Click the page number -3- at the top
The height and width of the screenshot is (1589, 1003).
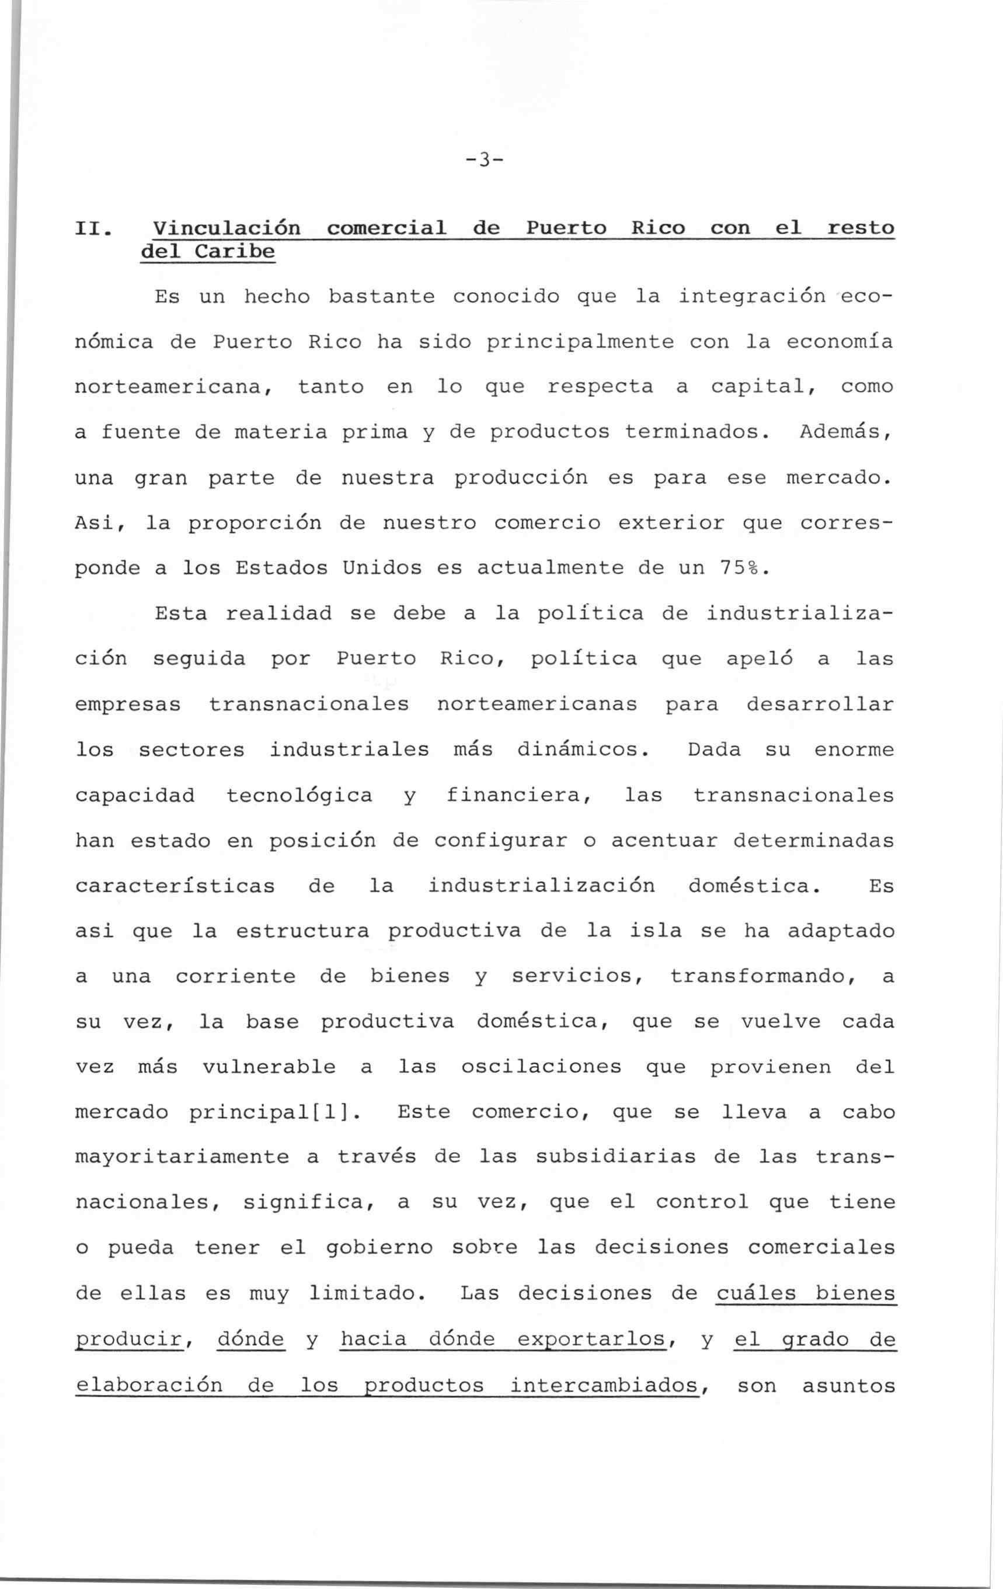(x=483, y=159)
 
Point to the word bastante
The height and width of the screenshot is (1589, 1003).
(x=381, y=297)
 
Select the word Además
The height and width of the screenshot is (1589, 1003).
(x=846, y=432)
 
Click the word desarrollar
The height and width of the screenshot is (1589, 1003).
(x=820, y=704)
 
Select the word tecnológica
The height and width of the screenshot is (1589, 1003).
(x=299, y=795)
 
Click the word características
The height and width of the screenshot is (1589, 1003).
(x=175, y=886)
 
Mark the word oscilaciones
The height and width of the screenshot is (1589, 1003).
(x=541, y=1067)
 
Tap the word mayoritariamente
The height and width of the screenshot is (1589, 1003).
(x=182, y=1157)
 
